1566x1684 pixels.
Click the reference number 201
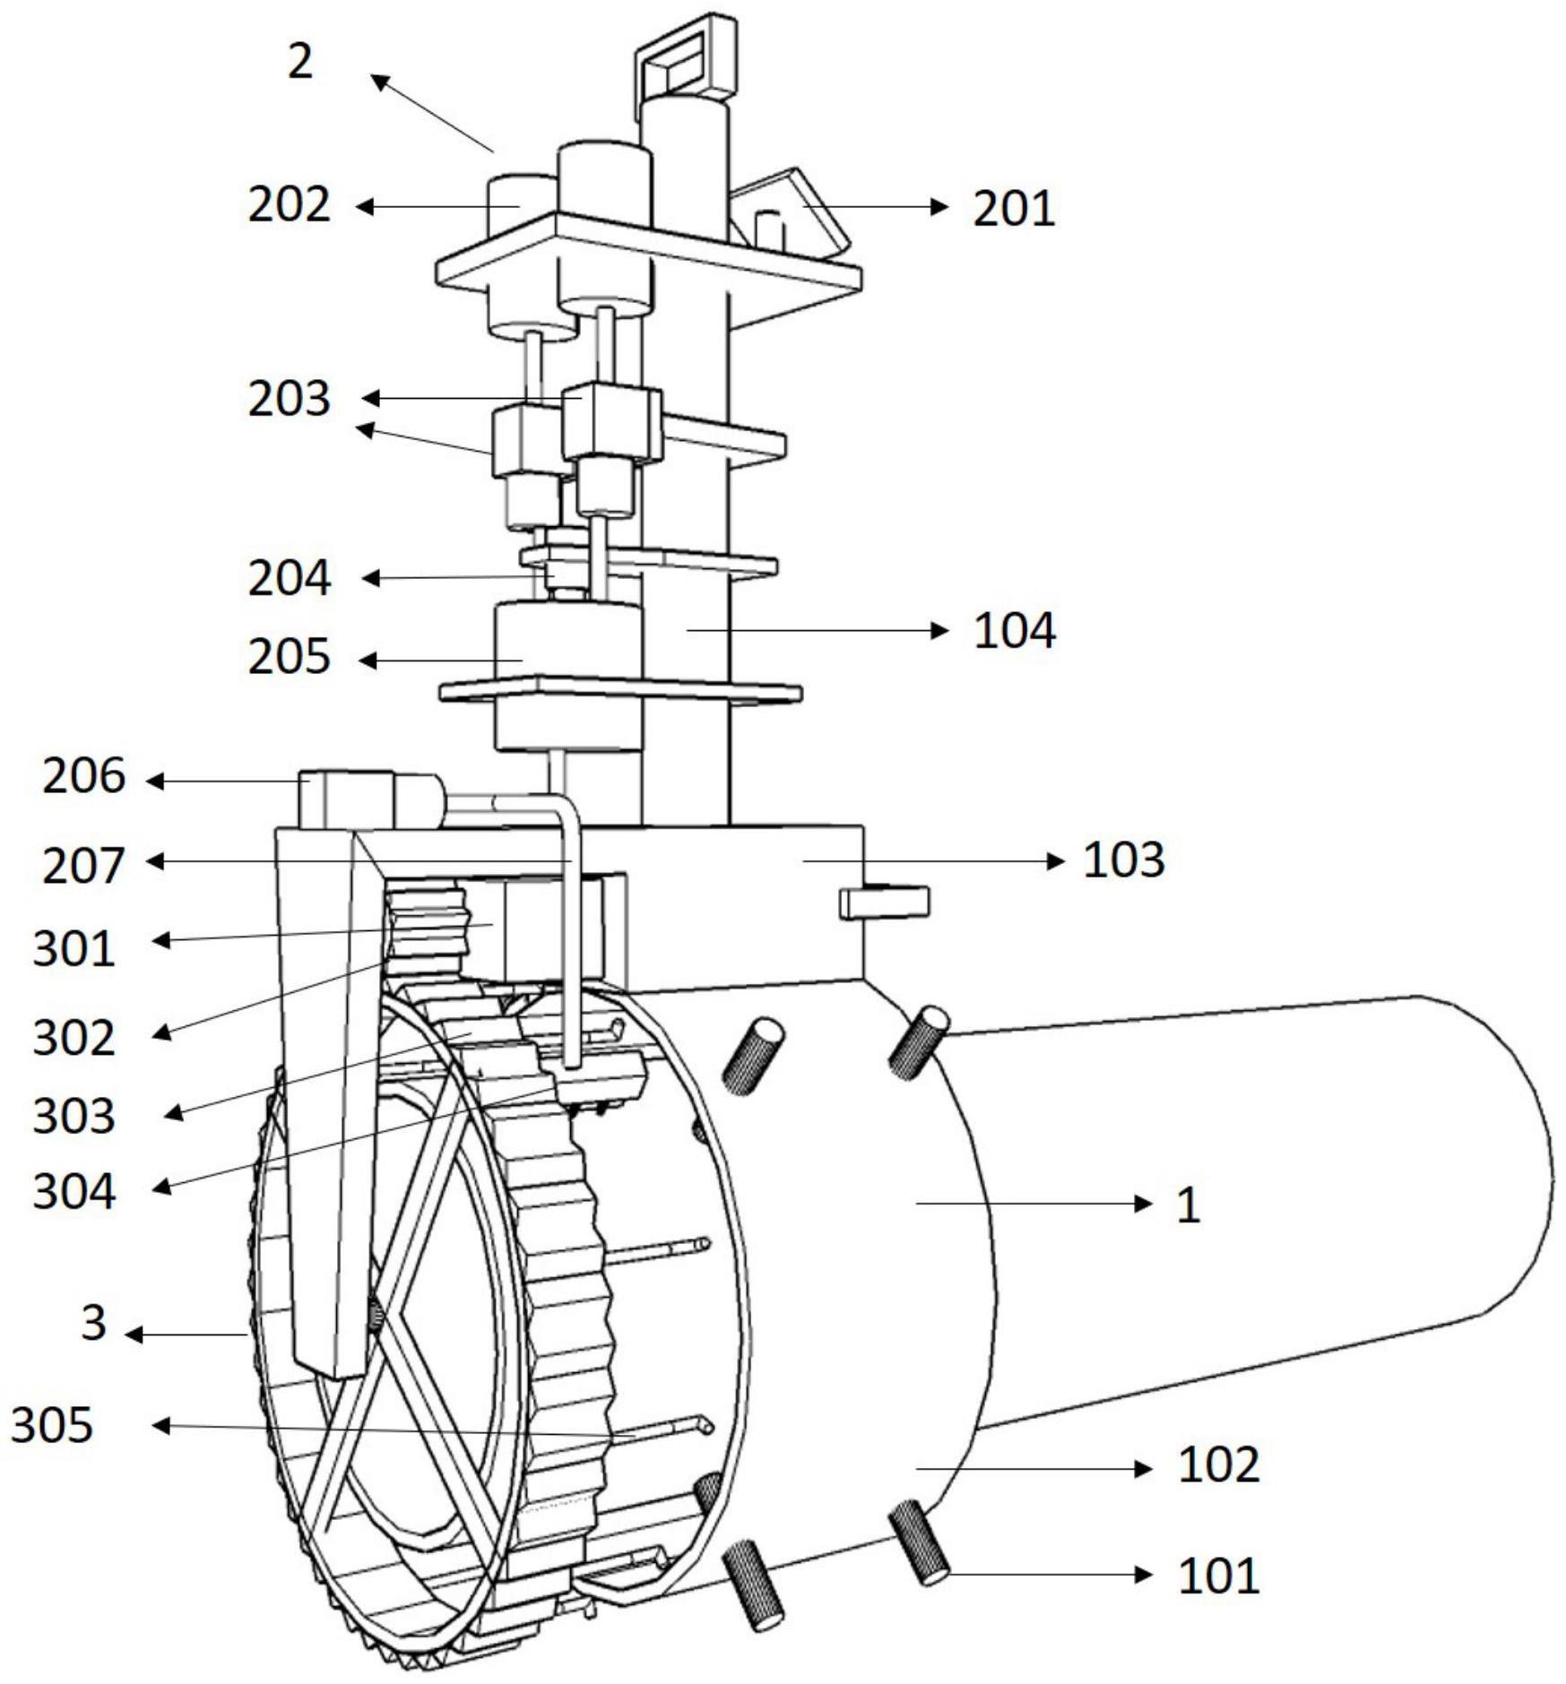pyautogui.click(x=1014, y=208)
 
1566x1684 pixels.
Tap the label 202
pyautogui.click(x=289, y=204)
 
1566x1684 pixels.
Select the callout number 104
pyautogui.click(x=1014, y=630)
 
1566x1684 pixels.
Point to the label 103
pyautogui.click(x=1124, y=859)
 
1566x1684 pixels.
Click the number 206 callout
pyautogui.click(x=83, y=776)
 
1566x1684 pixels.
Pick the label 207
pyautogui.click(x=83, y=866)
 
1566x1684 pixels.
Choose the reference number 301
pyautogui.click(x=74, y=948)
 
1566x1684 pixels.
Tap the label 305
pyautogui.click(x=52, y=1424)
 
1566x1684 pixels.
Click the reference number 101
pyautogui.click(x=1218, y=1576)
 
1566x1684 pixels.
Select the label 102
pyautogui.click(x=1218, y=1465)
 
